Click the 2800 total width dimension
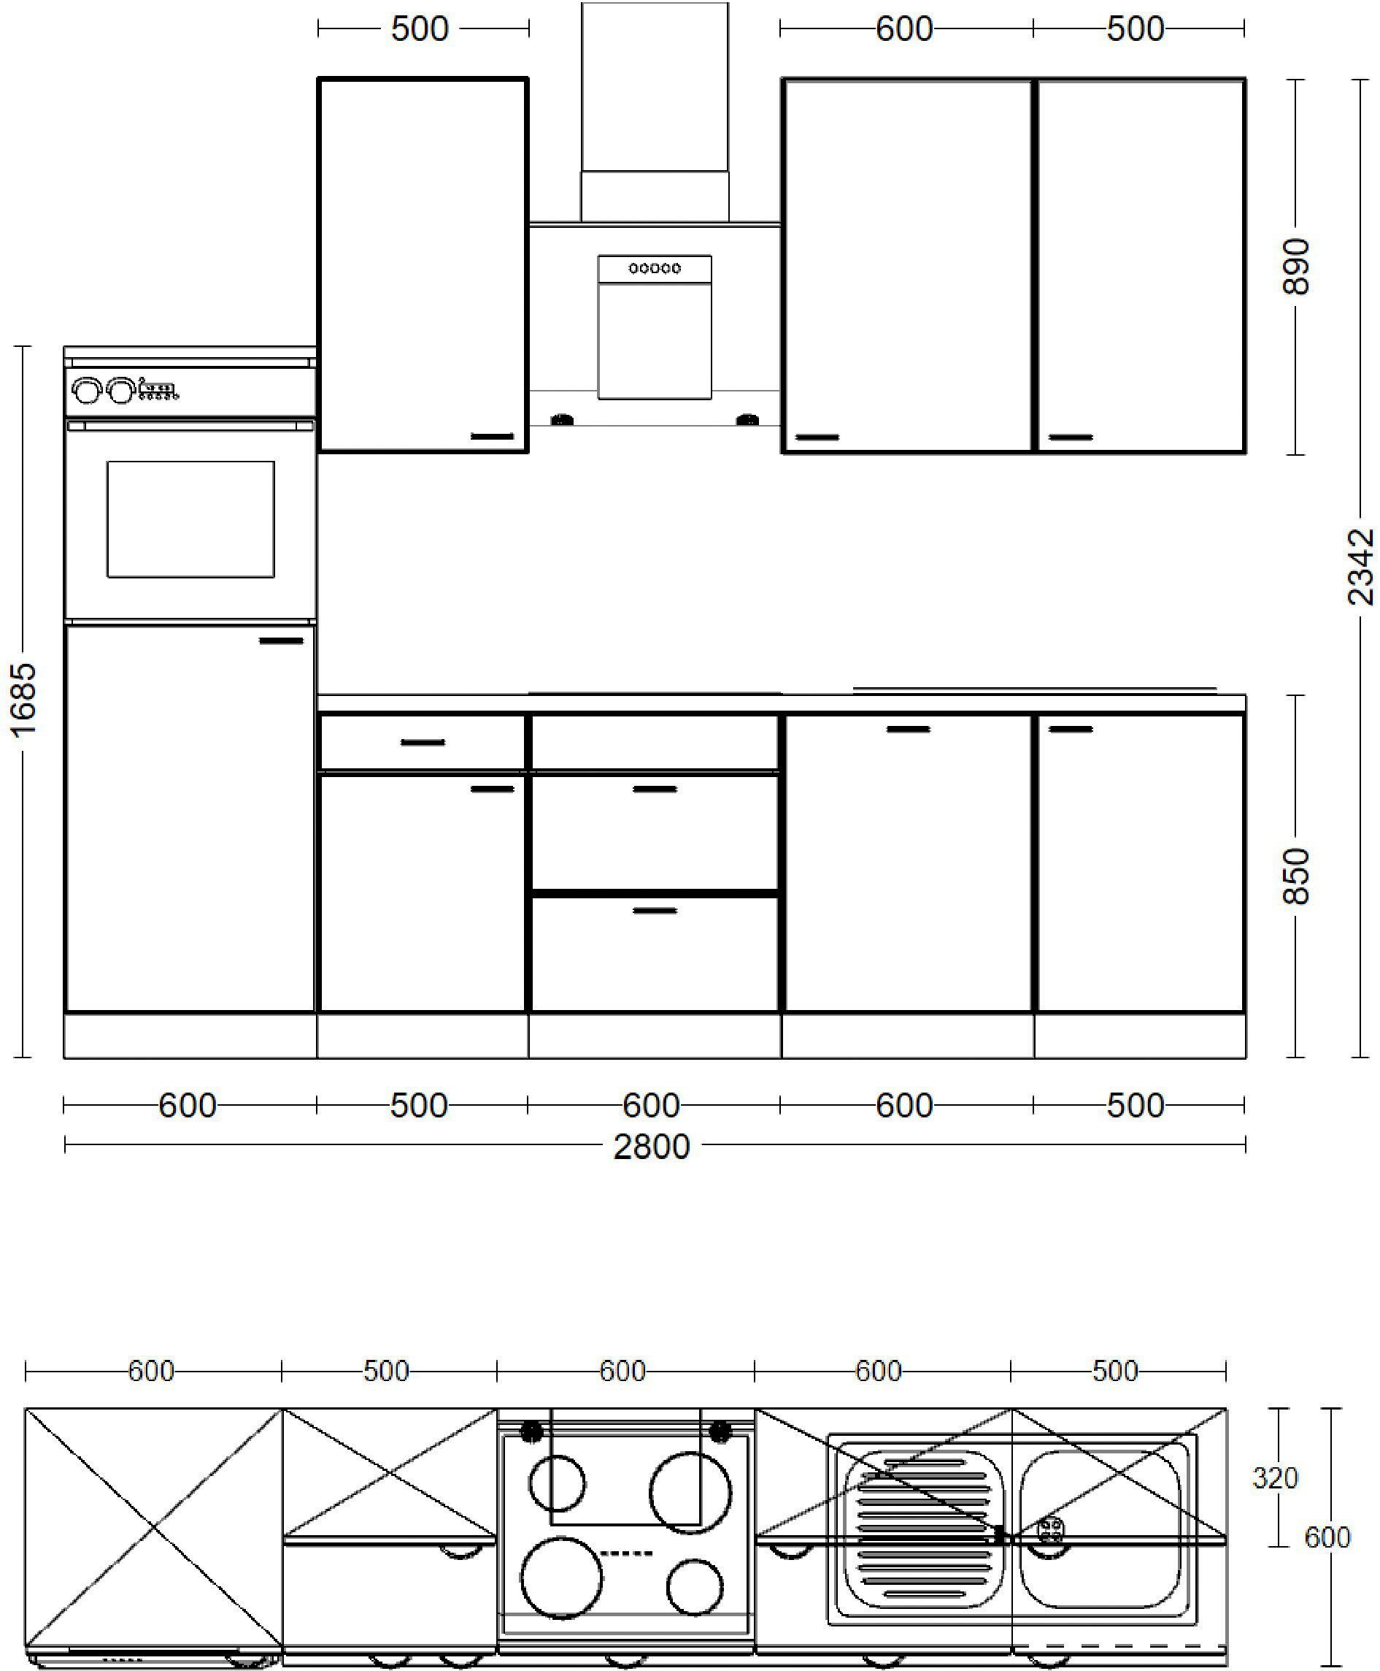651,1147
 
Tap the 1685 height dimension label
24,700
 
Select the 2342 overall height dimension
1360,566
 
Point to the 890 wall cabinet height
1296,266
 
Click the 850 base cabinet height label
1296,876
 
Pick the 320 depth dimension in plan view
1275,1477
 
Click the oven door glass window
190,519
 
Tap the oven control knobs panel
125,391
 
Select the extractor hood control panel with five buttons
654,268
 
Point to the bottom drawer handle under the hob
654,910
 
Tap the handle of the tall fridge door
282,641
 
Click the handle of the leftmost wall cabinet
493,436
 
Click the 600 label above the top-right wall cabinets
904,29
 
